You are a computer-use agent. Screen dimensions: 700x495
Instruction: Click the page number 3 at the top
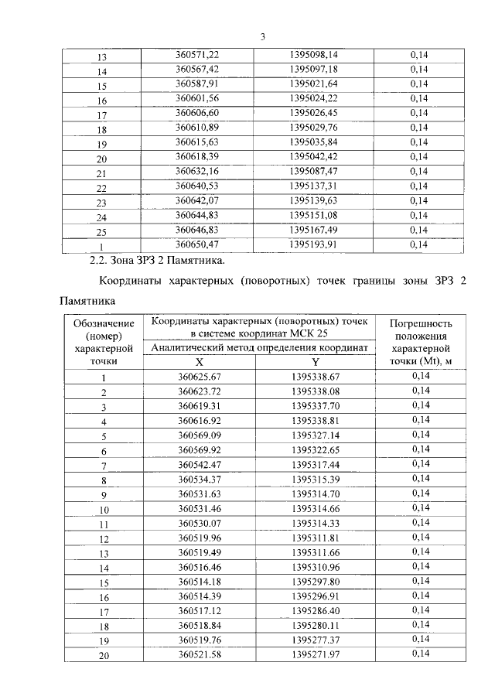[263, 36]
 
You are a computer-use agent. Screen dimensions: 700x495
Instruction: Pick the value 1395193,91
[313, 244]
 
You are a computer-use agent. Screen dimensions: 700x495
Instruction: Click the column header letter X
[200, 362]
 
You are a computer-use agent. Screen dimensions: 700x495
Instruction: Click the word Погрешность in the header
[421, 323]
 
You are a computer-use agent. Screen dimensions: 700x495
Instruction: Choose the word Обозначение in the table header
[104, 323]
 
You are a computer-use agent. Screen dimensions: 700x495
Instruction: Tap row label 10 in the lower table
[104, 510]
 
